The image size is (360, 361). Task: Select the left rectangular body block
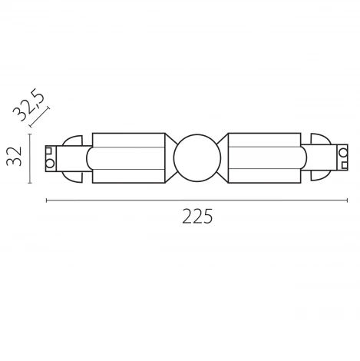pos(127,157)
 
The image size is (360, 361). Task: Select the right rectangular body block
pos(264,157)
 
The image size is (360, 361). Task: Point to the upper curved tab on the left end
pos(72,142)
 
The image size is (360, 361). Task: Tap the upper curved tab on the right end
pos(317,142)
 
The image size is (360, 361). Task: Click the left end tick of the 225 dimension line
pos(47,201)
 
